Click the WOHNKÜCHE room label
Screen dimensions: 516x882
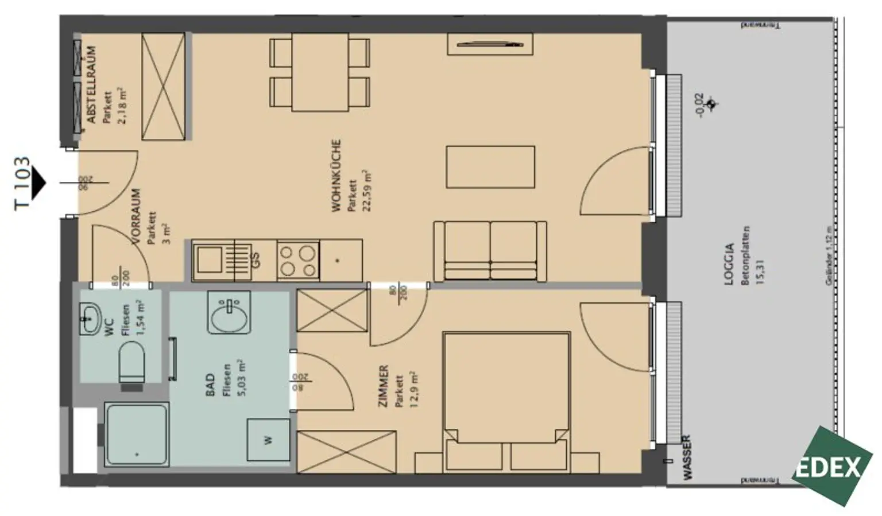[x=336, y=176]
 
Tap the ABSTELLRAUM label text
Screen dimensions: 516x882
[x=91, y=85]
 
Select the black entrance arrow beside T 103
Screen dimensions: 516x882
[x=38, y=183]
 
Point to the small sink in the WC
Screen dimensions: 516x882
[x=90, y=317]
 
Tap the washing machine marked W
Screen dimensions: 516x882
[x=268, y=440]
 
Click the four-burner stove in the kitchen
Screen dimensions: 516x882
[x=297, y=260]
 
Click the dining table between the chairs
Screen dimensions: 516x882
[x=320, y=72]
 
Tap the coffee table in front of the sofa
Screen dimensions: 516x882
[x=490, y=167]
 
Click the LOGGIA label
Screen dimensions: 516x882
[x=729, y=265]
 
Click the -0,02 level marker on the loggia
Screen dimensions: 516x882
[x=698, y=105]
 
